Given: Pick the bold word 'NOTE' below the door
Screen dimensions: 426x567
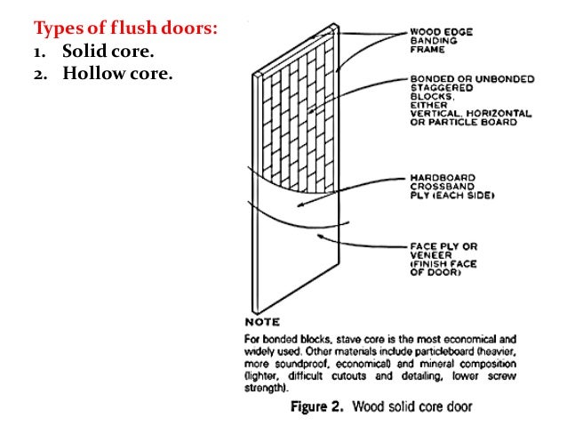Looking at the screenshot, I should (262, 322).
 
